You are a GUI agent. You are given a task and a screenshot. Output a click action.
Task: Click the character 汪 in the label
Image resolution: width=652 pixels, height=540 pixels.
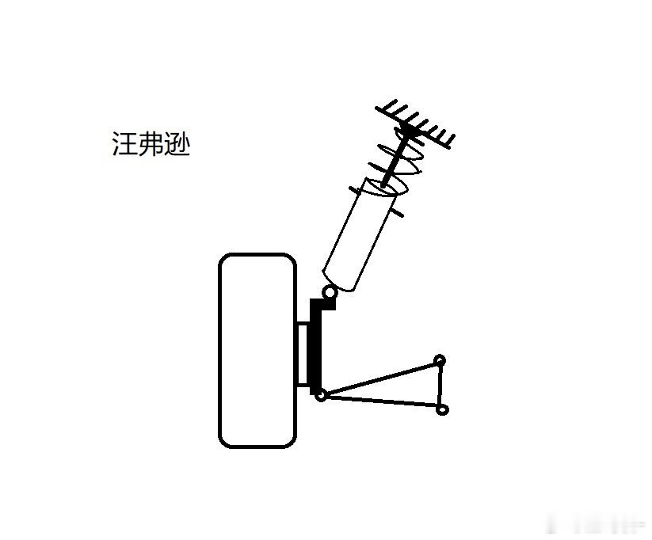click(124, 145)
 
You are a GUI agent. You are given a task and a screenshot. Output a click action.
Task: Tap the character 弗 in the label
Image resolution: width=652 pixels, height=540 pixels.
click(151, 145)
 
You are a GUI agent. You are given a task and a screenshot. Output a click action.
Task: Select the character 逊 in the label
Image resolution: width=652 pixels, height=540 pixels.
click(177, 145)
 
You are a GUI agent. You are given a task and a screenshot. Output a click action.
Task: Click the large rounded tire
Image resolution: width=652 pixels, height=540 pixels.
click(257, 350)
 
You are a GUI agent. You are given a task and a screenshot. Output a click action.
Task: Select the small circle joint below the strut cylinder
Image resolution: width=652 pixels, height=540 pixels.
click(329, 292)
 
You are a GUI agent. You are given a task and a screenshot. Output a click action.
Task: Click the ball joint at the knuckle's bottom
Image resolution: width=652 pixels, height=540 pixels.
click(320, 394)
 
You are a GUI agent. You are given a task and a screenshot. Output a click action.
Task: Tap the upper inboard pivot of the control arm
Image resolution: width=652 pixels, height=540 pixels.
click(440, 360)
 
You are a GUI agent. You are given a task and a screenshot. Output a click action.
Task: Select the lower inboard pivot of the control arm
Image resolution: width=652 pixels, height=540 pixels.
click(443, 409)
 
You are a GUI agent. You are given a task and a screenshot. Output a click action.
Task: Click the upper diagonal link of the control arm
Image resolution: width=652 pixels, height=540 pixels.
click(380, 377)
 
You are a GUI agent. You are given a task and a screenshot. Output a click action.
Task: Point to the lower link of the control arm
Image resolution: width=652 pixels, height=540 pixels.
click(380, 401)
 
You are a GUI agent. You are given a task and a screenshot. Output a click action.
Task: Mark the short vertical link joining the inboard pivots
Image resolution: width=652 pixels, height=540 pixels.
click(441, 385)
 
